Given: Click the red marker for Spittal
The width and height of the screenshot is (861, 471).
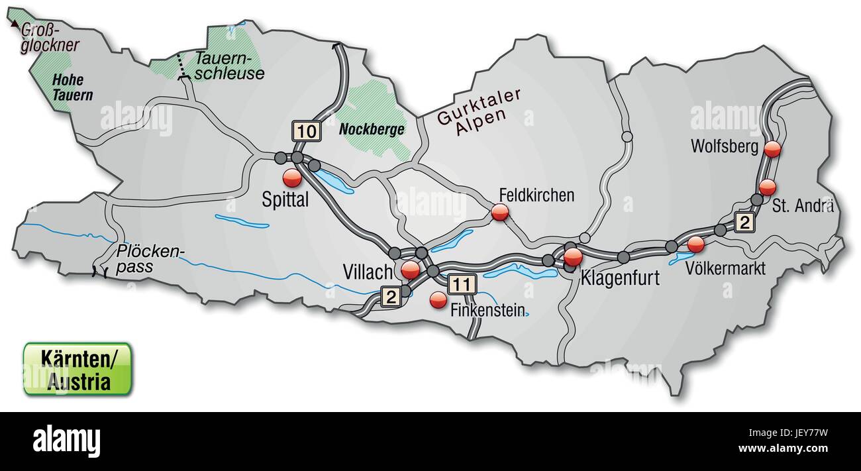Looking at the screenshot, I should tap(291, 178).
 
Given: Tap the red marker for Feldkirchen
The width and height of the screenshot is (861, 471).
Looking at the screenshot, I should tap(500, 212).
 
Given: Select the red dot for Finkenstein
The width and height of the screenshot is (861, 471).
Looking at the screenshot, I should tap(438, 300).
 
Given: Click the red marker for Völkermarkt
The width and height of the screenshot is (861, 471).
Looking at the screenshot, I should tap(695, 244).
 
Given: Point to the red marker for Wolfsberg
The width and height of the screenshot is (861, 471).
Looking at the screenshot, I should tap(772, 149).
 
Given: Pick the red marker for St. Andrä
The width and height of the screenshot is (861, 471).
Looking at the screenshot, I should tap(767, 187).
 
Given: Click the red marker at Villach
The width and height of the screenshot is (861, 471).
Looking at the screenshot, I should tap(411, 269).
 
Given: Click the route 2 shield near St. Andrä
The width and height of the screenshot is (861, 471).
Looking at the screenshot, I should tap(744, 223).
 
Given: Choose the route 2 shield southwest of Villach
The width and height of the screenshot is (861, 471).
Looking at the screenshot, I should tap(391, 297).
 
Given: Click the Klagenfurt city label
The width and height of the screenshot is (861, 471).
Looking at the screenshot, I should tap(620, 278).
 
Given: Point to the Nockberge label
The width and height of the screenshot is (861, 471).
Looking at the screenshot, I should tap(372, 130).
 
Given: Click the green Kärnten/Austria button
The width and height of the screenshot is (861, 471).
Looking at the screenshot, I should tap(77, 370).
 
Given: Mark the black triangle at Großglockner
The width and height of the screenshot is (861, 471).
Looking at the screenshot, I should tap(15, 23).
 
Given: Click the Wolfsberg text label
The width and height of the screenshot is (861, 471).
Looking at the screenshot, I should tap(724, 146).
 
